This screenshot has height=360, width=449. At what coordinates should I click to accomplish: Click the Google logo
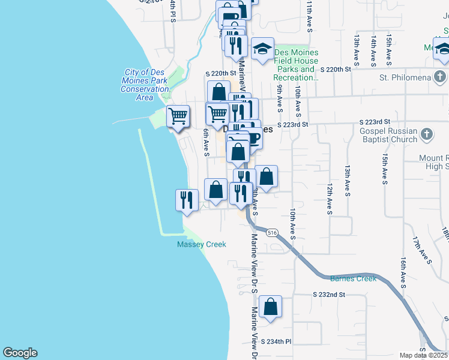coord(20,353)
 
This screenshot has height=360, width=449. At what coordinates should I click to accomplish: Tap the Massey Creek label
coord(201,244)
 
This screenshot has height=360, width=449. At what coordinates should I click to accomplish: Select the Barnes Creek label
coord(353,278)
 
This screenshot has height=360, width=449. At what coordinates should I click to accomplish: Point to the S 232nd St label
coord(330,295)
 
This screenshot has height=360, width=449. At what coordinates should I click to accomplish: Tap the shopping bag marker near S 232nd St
coord(271,307)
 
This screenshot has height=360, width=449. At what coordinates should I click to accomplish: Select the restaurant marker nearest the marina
coord(187,200)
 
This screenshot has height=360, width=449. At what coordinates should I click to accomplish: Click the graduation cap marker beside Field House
coord(262,49)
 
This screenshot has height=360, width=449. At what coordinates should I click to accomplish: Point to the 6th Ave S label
coord(205,143)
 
